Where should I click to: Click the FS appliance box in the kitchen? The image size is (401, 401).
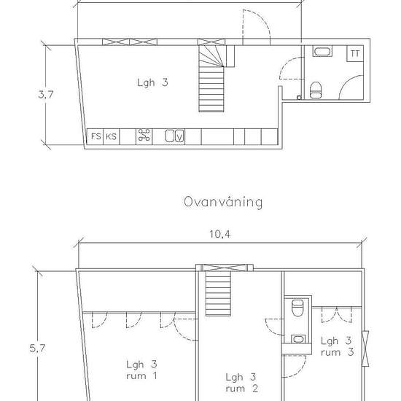click(x=95, y=136)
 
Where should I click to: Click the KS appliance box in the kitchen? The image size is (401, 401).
click(x=112, y=136)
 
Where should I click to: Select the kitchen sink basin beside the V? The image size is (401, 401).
click(x=170, y=136)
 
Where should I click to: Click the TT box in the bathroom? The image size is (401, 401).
click(x=355, y=53)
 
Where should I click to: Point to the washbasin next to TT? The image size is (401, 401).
click(x=322, y=52)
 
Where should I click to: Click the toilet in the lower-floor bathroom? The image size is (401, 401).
click(x=316, y=90)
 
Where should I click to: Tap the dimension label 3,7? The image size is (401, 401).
click(x=46, y=95)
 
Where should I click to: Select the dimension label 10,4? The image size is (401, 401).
click(x=219, y=234)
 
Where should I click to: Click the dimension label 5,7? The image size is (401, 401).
click(x=37, y=348)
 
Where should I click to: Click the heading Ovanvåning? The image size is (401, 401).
click(x=223, y=202)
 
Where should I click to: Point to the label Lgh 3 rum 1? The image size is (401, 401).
click(x=141, y=370)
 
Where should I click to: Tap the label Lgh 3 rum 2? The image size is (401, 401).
click(x=241, y=383)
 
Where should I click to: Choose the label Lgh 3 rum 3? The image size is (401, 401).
click(x=338, y=346)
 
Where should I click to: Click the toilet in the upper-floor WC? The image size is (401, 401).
click(x=297, y=308)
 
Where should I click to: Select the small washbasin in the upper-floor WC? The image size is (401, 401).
click(x=297, y=339)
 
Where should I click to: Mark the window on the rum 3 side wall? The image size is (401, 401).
click(x=365, y=349)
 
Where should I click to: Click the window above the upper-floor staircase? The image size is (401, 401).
click(x=225, y=268)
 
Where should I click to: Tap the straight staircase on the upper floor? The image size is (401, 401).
click(x=218, y=294)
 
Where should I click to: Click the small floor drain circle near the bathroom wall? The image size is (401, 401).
click(x=299, y=98)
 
